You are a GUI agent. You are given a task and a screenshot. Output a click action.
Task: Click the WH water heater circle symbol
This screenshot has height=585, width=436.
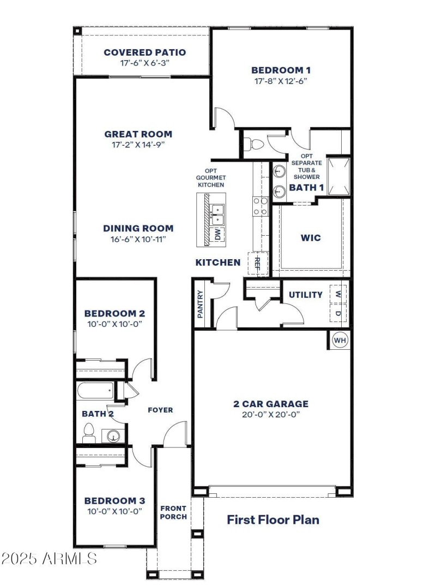[340, 341]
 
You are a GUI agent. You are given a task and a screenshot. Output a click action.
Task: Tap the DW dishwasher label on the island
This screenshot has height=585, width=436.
[217, 235]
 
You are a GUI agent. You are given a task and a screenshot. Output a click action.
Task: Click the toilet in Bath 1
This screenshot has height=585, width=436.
[255, 145]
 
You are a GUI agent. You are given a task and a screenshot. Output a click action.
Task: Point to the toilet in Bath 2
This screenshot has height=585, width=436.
[89, 433]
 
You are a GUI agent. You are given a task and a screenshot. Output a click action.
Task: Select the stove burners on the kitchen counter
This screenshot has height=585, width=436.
[260, 206]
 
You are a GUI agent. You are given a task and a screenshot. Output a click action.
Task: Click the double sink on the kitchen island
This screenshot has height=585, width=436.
[217, 215]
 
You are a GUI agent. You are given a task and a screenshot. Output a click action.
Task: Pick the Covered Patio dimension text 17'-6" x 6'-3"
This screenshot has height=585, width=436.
[145, 63]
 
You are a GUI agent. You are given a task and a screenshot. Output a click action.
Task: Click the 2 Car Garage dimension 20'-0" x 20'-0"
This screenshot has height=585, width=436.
[271, 414]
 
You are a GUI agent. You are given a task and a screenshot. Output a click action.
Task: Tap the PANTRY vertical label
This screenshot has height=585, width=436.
[200, 304]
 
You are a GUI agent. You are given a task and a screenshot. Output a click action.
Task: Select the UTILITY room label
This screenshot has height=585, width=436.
[305, 295]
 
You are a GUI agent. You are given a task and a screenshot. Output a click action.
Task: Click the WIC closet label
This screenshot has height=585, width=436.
[311, 238]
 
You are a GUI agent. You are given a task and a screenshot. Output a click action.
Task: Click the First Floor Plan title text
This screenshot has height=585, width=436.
[273, 520]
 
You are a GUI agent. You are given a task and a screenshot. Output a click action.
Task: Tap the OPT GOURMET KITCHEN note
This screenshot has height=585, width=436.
[211, 178]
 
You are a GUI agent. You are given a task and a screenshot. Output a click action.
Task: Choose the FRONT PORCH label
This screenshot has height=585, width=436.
[173, 512]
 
